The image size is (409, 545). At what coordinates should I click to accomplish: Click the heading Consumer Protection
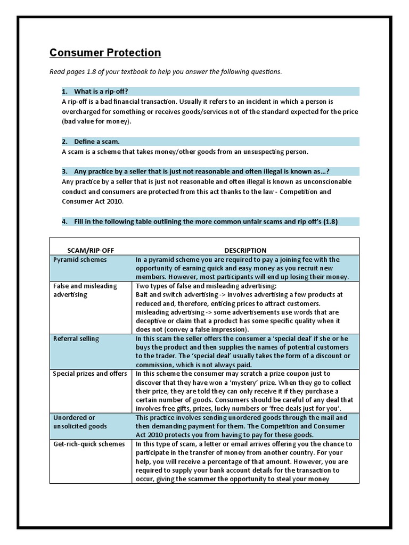[x=105, y=53]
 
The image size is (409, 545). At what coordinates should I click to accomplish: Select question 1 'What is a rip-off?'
[x=101, y=92]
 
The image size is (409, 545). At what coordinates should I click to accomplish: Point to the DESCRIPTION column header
[x=245, y=250]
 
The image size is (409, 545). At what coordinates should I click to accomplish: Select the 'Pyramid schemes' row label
[x=80, y=260]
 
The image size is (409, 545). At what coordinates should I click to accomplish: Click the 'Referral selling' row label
[x=76, y=338]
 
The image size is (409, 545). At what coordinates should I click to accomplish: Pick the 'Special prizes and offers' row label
[x=90, y=374]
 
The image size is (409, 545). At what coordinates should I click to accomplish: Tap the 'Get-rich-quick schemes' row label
[x=89, y=444]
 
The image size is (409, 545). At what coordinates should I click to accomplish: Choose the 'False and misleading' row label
[x=85, y=286]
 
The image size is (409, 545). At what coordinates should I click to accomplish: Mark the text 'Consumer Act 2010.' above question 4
[x=92, y=201]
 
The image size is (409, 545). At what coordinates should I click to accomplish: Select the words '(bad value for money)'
[x=96, y=121]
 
